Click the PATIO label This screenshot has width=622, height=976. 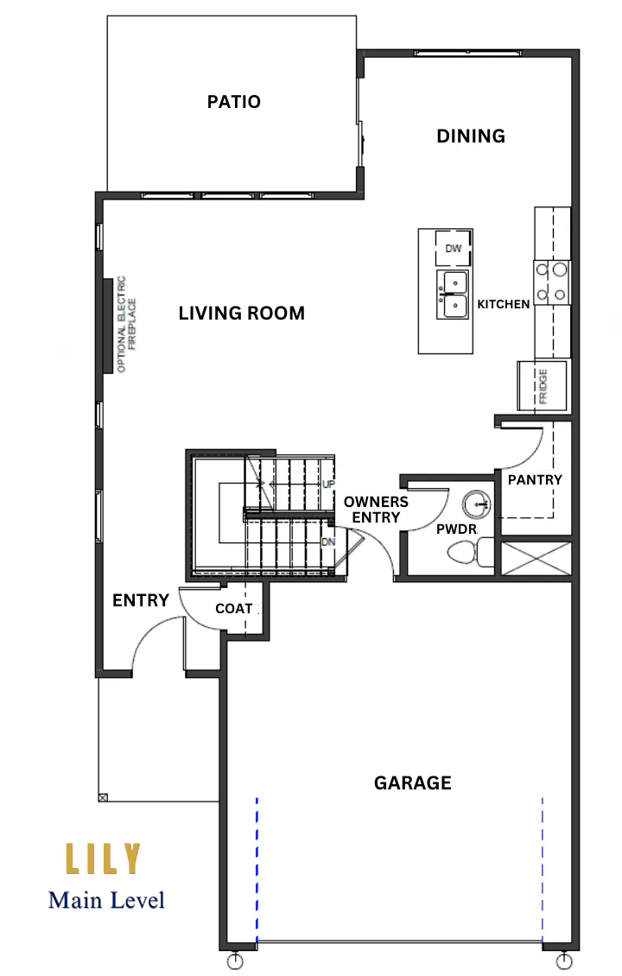point(233,101)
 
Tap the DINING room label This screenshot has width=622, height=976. point(471,136)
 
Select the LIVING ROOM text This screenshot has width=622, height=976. point(242,313)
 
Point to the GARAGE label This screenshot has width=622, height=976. point(412,783)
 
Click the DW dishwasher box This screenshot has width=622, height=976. point(454,249)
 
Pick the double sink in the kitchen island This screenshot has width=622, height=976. point(454,295)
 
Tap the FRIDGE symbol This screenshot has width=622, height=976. point(543,387)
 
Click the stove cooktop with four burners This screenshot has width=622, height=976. point(552,282)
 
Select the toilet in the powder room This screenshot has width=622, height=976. point(470,554)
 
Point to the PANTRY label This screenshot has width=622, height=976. point(535,479)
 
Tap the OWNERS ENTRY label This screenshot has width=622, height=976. point(376,510)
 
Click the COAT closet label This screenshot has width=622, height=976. point(233,608)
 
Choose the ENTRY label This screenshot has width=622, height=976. point(141,600)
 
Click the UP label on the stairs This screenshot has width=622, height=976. point(328,484)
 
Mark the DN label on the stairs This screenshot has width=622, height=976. point(328,542)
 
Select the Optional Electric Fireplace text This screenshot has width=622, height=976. point(126,324)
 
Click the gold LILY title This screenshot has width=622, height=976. point(103,859)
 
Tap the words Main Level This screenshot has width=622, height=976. point(106,900)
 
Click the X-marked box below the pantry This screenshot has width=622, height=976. point(536,558)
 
